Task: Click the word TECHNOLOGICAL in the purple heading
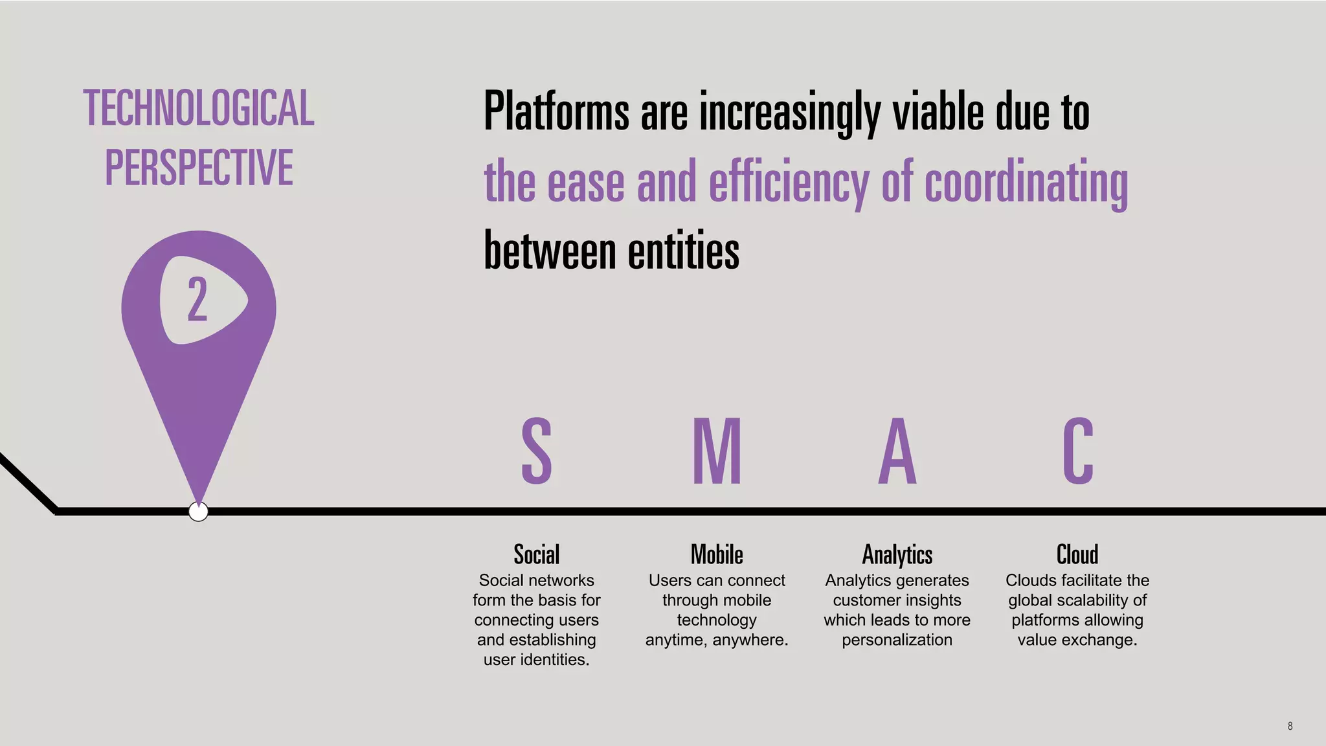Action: [x=199, y=108]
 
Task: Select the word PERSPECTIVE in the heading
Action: [x=199, y=168]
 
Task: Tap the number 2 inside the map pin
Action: [x=197, y=299]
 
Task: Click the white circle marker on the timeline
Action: [x=198, y=512]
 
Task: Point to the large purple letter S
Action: [x=537, y=451]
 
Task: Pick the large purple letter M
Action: [x=717, y=451]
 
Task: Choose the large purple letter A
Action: [x=897, y=451]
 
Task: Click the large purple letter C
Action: [x=1078, y=451]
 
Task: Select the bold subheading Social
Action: [x=537, y=555]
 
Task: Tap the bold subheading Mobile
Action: [x=717, y=555]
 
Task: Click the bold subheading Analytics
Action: [x=897, y=555]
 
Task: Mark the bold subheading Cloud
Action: [x=1077, y=555]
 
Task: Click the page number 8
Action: [x=1290, y=726]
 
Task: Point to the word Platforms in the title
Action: [x=556, y=112]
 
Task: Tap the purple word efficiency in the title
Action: [x=789, y=183]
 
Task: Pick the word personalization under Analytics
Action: [x=897, y=640]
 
